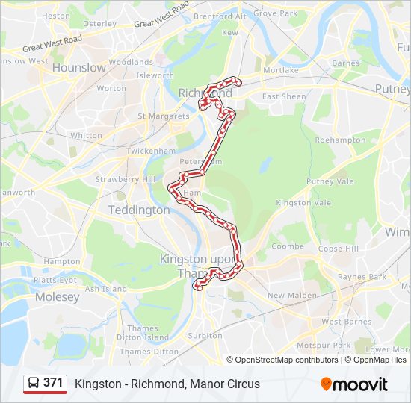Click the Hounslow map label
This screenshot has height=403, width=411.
pos(78,67)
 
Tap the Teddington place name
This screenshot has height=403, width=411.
pos(139,210)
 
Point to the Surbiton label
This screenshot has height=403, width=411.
pos(205,336)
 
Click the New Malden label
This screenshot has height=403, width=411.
pos(287,296)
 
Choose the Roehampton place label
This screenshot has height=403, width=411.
pos(341,140)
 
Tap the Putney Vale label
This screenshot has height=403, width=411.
pos(330,181)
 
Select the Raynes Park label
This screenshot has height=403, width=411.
pos(361,277)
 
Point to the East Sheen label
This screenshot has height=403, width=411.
pos(284,97)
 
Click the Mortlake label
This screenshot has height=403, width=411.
pos(281,70)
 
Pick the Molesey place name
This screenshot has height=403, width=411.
pos(58,297)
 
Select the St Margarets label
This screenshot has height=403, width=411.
pos(163,116)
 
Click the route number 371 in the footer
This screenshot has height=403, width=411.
pos(53,383)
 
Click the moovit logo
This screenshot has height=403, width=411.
pos(354,384)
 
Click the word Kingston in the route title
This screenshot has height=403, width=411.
pos(95,384)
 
